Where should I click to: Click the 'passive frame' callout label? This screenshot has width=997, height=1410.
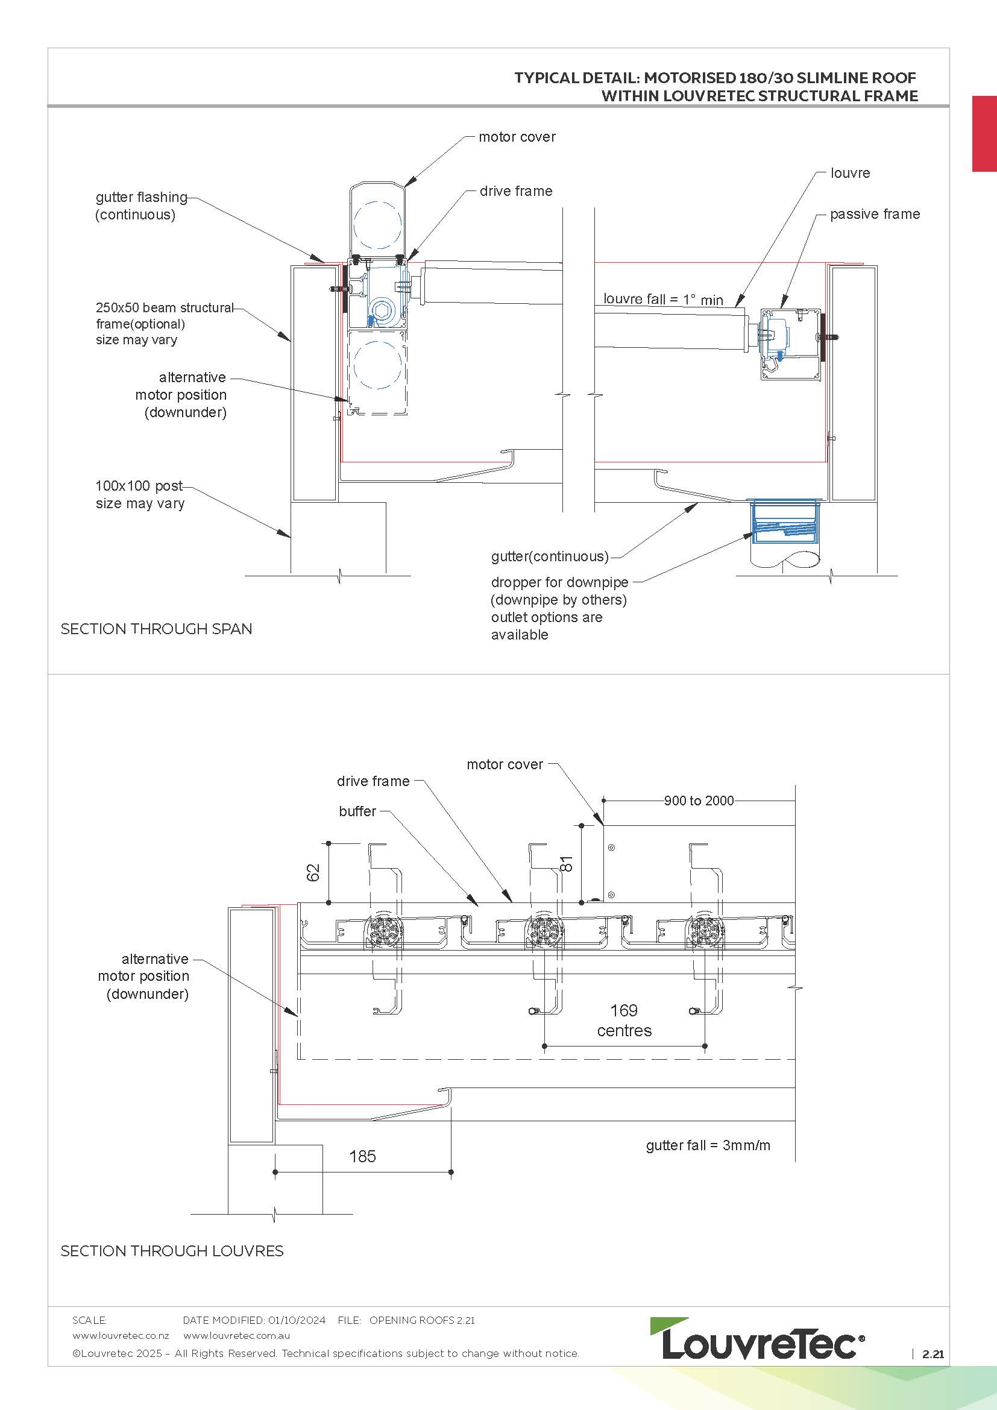[874, 215]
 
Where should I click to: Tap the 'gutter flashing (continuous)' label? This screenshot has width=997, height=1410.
[140, 206]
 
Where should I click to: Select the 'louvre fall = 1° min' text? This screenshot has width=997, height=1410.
[663, 300]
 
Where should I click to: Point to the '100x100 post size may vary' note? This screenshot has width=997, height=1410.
[139, 495]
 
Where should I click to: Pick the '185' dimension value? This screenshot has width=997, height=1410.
[362, 1156]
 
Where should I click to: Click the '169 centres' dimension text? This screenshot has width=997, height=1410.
[624, 1020]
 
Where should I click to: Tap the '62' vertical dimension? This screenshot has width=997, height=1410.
[313, 872]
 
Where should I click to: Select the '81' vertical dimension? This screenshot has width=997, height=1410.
[567, 863]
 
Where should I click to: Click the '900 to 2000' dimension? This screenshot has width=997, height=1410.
[699, 801]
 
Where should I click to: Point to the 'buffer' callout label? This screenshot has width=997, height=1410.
[357, 811]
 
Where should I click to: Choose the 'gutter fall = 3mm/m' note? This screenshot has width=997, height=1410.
[708, 1145]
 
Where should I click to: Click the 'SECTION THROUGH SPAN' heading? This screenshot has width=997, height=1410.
[157, 629]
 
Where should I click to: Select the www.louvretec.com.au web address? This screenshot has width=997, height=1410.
[236, 1336]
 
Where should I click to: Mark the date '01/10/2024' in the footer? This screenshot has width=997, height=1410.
[297, 1320]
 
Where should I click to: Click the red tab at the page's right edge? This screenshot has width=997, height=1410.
[984, 133]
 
